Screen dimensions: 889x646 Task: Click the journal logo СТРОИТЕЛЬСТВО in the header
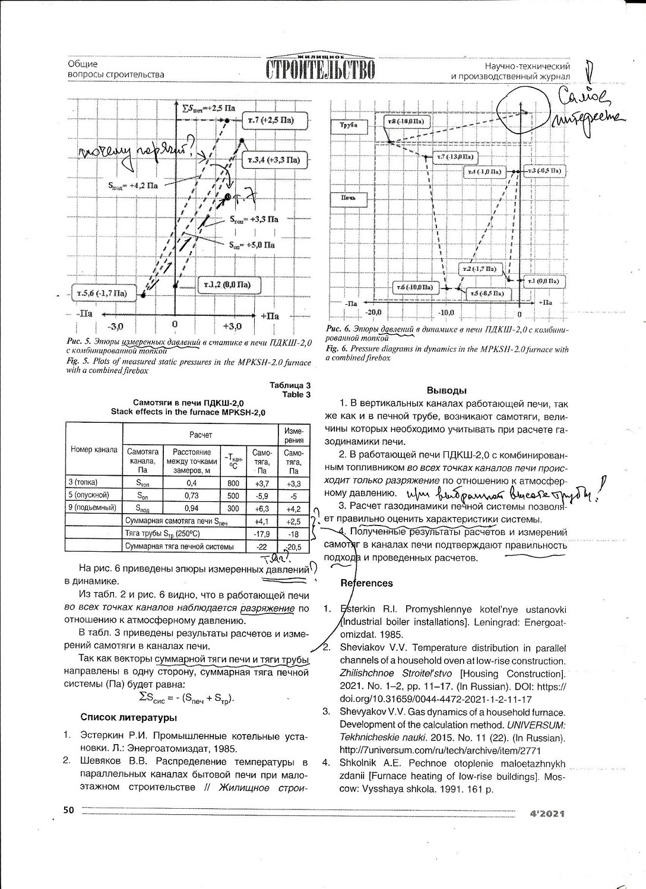pyautogui.click(x=321, y=69)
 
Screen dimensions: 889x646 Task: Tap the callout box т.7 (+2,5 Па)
pyautogui.click(x=271, y=121)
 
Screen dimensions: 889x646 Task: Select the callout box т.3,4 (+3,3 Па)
pyautogui.click(x=274, y=160)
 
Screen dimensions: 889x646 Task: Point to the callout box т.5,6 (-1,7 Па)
pyautogui.click(x=102, y=293)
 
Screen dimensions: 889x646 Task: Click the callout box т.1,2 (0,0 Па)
pyautogui.click(x=227, y=285)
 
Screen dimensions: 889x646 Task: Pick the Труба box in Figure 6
pyautogui.click(x=349, y=125)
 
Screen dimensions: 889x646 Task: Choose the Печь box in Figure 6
pyautogui.click(x=348, y=198)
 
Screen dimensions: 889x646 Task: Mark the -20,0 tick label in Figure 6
pyautogui.click(x=373, y=312)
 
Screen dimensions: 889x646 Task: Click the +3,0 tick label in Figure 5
pyautogui.click(x=232, y=326)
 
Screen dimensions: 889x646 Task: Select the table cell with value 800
pyautogui.click(x=233, y=483)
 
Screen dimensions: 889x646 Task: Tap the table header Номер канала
pyautogui.click(x=94, y=450)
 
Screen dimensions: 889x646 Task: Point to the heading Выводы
pyautogui.click(x=446, y=391)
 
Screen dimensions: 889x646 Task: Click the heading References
pyautogui.click(x=366, y=583)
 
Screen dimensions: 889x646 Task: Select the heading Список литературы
pyautogui.click(x=128, y=717)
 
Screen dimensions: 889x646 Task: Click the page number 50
pyautogui.click(x=69, y=809)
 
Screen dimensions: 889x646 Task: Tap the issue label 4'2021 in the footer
pyautogui.click(x=547, y=813)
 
